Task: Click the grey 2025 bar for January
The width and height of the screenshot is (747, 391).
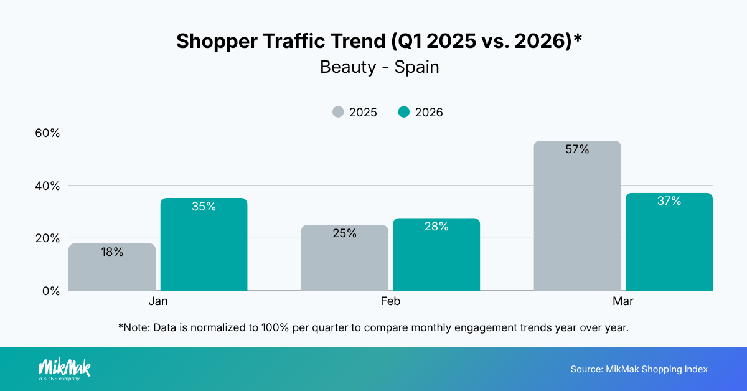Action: coord(112,268)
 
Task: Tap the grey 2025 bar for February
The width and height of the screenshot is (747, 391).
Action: coord(344,258)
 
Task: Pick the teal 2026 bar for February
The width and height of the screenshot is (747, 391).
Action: coord(436,255)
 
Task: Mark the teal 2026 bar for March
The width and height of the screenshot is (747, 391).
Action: coord(669,242)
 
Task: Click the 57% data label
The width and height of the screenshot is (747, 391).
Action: coord(577,149)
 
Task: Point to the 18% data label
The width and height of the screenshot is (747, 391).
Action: coord(112,252)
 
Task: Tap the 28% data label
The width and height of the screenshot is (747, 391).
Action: coord(436,227)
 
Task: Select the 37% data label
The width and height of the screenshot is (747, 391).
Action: coord(669,201)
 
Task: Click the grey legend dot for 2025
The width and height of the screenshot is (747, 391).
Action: coord(338,112)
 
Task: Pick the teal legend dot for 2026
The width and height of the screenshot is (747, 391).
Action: coord(404,112)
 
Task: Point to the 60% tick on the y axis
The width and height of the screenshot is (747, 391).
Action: coord(47,133)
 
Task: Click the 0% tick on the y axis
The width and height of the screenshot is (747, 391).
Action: coord(50,291)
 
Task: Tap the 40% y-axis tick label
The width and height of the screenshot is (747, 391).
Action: coord(47,186)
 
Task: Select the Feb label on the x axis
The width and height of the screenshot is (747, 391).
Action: coord(390,301)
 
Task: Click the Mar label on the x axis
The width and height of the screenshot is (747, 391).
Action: coord(623,301)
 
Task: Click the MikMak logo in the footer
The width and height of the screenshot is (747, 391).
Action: coord(64,369)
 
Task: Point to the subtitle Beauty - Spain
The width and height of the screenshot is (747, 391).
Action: coord(380,67)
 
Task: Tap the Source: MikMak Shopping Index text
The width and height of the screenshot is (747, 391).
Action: coord(639,369)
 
